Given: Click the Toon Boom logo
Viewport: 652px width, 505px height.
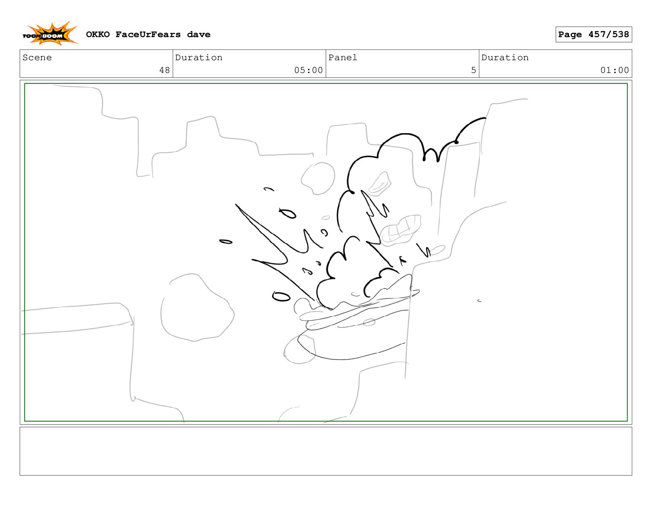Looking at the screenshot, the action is point(50,33).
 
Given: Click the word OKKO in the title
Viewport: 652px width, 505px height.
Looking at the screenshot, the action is point(98,35).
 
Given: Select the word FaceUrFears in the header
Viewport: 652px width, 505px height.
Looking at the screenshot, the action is point(148,35).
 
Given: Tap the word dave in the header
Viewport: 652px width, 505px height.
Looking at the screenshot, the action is point(199,35).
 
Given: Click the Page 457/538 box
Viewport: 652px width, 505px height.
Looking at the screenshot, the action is point(593,34).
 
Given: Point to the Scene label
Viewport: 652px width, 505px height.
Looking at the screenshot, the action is point(37,57).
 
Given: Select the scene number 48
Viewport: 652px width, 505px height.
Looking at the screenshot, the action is point(164,70).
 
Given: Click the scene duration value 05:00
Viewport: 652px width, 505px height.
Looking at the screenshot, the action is point(308,70).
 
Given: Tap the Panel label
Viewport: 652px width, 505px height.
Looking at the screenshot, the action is point(342,57).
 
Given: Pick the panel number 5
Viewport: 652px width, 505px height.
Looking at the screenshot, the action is point(474,70).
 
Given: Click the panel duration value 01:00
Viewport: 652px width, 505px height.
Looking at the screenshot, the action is point(614,70).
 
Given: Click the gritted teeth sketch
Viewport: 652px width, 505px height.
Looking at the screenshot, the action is point(400,230).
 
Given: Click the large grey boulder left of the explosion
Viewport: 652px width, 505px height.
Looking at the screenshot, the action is point(197,307).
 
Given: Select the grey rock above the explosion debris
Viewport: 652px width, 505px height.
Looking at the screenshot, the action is point(318,178).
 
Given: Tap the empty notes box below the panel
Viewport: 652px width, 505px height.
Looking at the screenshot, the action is point(326,451).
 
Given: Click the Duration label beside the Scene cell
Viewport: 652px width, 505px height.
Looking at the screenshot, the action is point(199,57).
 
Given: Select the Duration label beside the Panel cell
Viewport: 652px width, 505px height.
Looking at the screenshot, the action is point(505,57).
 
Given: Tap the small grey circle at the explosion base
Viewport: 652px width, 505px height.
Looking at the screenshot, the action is point(369,322).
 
